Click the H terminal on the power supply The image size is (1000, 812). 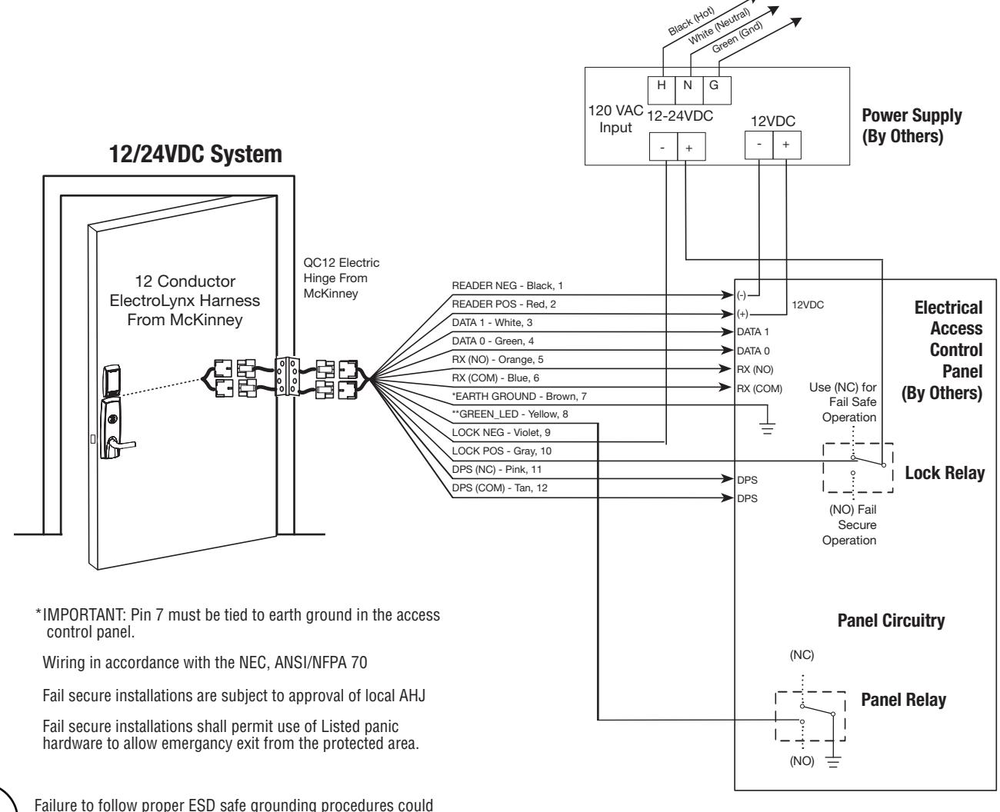[661, 90]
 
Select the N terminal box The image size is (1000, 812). [688, 90]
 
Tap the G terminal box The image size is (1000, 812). [717, 90]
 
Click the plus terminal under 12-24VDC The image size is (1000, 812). [691, 146]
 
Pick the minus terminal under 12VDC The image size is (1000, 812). [758, 145]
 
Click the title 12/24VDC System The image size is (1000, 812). [195, 155]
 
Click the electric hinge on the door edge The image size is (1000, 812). [287, 377]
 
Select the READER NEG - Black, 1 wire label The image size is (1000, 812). [507, 285]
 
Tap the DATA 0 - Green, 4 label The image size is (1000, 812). [492, 341]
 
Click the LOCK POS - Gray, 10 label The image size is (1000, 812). [502, 451]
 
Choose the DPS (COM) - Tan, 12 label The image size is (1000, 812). [499, 488]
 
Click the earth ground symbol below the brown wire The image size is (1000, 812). [767, 428]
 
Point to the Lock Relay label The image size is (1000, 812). [945, 473]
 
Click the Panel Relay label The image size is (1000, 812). [903, 700]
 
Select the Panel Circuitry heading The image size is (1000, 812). [891, 621]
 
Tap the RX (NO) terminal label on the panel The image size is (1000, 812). [755, 369]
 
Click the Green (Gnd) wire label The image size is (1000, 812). [737, 37]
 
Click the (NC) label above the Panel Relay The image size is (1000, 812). [802, 655]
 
